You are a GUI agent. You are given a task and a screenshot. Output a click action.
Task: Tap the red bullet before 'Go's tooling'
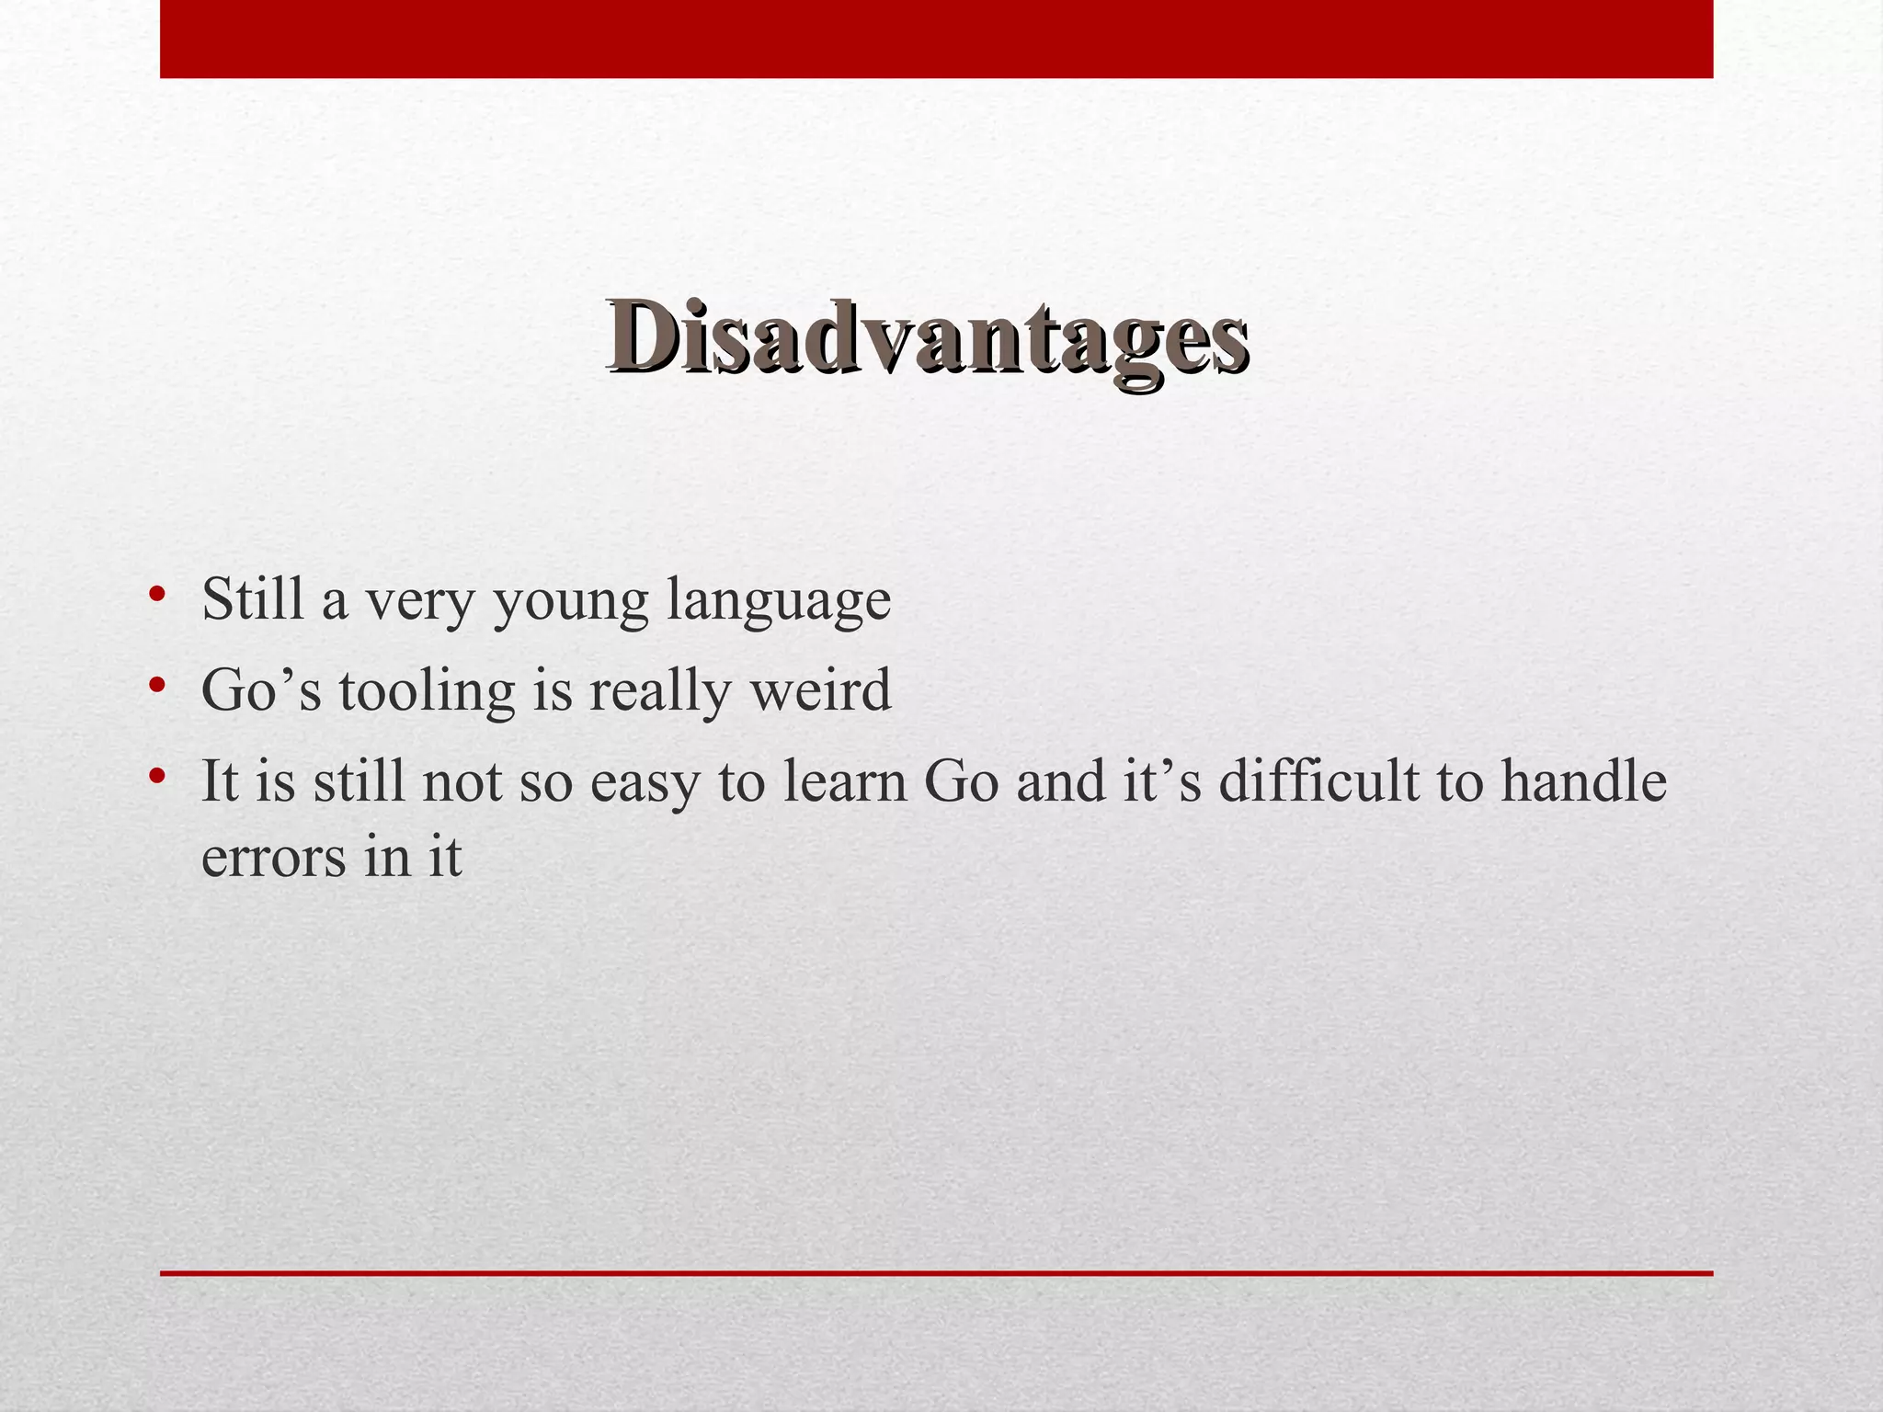(157, 685)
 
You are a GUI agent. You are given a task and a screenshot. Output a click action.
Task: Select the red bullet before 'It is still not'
(157, 777)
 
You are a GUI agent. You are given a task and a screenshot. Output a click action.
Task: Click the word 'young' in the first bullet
(571, 602)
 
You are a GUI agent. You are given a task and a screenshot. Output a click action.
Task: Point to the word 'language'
(778, 602)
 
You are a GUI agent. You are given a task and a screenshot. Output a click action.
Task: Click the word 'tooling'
(427, 691)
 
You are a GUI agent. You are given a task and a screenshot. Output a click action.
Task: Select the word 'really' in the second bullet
(661, 691)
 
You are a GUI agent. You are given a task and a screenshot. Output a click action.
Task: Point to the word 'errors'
(274, 859)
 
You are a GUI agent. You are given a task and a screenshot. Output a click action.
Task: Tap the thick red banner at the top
(936, 39)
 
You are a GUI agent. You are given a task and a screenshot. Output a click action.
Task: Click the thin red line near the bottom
(936, 1273)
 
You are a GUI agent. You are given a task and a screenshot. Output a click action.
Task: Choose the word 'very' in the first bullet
(419, 602)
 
